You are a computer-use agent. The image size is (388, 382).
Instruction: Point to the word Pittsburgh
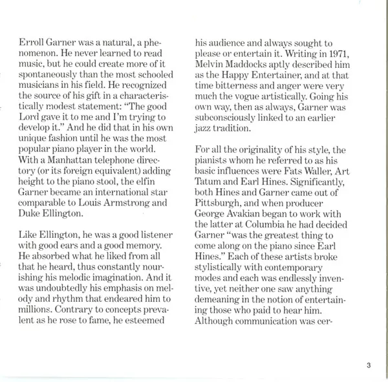221,187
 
